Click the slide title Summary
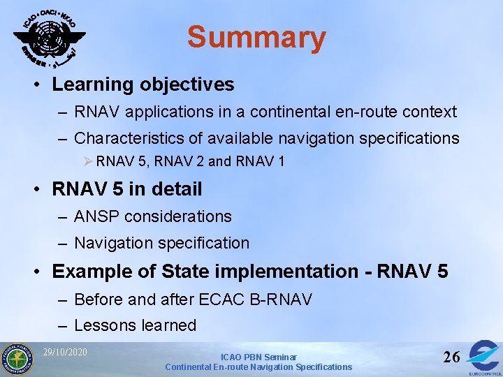[256, 38]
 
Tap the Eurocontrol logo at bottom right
[483, 357]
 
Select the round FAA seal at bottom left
[17, 358]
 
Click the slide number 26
[451, 357]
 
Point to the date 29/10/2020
[65, 351]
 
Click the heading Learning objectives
[143, 84]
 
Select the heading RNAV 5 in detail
[127, 188]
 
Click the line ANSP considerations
[152, 216]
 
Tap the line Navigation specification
[161, 243]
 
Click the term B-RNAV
[279, 300]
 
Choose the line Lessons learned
[135, 325]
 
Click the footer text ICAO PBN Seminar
[258, 357]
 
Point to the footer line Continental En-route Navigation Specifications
[258, 367]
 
